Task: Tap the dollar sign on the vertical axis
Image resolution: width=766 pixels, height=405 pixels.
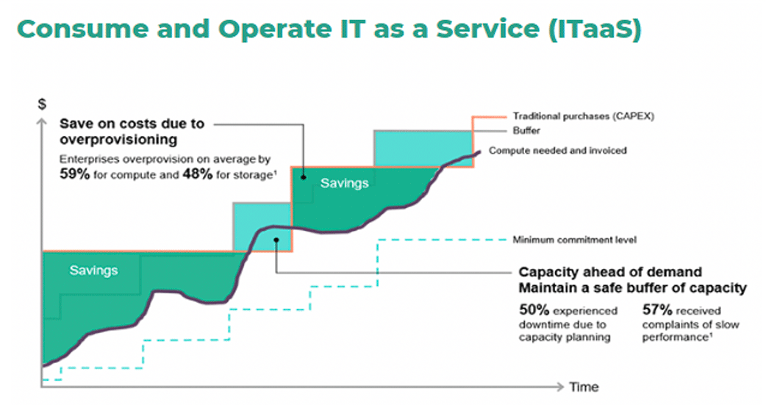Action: pyautogui.click(x=42, y=104)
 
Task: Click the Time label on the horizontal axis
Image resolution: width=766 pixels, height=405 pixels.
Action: pyautogui.click(x=584, y=387)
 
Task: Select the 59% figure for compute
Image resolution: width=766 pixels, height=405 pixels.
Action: pyautogui.click(x=75, y=174)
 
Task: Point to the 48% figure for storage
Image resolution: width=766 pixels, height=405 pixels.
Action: pyautogui.click(x=197, y=174)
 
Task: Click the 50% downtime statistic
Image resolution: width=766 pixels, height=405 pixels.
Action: pyautogui.click(x=534, y=310)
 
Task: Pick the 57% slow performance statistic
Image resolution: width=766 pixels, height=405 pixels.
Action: pyautogui.click(x=657, y=310)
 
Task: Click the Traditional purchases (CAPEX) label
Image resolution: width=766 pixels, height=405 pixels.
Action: pyautogui.click(x=583, y=116)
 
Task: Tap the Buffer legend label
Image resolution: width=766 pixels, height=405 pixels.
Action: pyautogui.click(x=526, y=130)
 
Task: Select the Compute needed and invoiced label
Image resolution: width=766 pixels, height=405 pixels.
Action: pyautogui.click(x=557, y=151)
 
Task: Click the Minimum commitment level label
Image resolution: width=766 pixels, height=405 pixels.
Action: pyautogui.click(x=575, y=240)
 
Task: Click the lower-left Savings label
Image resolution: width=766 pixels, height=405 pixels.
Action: pyautogui.click(x=94, y=270)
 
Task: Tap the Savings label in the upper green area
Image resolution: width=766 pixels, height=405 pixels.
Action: pyautogui.click(x=345, y=183)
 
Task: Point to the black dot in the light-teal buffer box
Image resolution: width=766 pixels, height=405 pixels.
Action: pyautogui.click(x=276, y=240)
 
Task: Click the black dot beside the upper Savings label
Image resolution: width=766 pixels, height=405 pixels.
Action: pyautogui.click(x=304, y=177)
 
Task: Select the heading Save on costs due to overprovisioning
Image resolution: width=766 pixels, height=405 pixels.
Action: pyautogui.click(x=132, y=132)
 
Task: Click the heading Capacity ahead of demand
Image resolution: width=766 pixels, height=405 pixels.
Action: pyautogui.click(x=610, y=272)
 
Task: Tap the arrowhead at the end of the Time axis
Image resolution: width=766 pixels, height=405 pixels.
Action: pyautogui.click(x=560, y=387)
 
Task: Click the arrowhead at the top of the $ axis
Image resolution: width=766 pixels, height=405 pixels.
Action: pyautogui.click(x=42, y=121)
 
